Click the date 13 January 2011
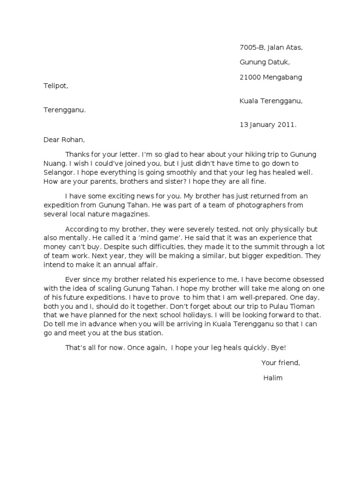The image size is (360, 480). click(x=268, y=125)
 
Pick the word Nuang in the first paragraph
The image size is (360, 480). click(x=55, y=164)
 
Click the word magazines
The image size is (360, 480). click(x=133, y=214)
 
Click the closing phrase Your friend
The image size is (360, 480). click(x=280, y=363)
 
